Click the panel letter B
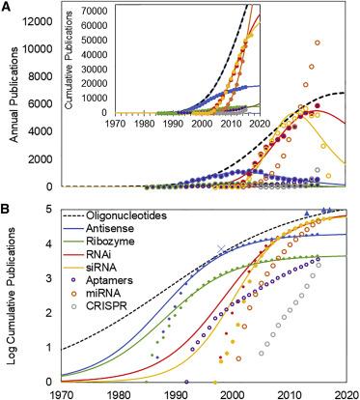[7, 205]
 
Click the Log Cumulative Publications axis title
[12, 296]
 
